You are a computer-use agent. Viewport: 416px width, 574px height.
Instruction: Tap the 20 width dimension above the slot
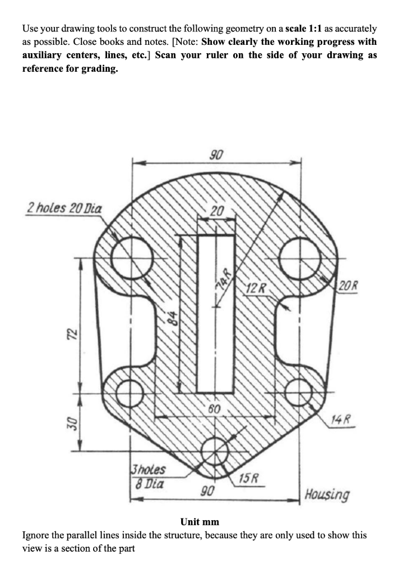click(216, 211)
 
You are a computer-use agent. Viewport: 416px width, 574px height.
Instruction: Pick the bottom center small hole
click(215, 450)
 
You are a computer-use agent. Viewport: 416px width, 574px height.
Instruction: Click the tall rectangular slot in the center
click(216, 314)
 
